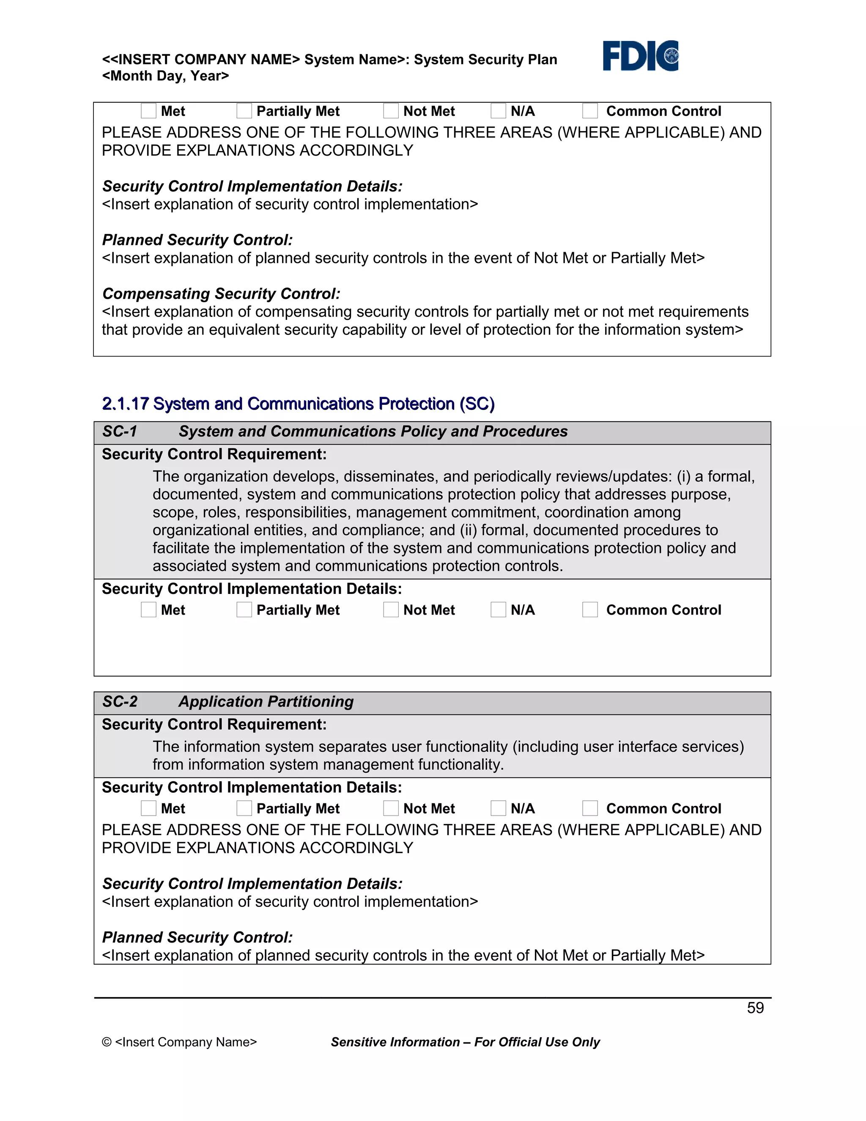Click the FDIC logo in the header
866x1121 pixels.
[640, 55]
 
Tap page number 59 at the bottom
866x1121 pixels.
[755, 1008]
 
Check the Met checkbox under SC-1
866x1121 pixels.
[148, 610]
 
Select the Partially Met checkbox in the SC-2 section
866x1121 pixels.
[244, 808]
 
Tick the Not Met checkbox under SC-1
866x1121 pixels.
[391, 610]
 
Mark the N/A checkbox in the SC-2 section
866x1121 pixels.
[498, 808]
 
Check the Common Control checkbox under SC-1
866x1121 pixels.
[590, 610]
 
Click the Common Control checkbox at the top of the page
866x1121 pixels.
[590, 111]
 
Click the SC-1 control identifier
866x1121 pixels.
[120, 431]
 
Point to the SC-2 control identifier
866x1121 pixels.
[120, 702]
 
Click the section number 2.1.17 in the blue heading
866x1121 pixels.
[125, 404]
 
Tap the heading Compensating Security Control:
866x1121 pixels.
[221, 294]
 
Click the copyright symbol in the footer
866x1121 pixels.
[107, 1042]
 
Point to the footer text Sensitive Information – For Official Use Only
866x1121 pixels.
[465, 1042]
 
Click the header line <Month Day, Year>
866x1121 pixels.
[165, 76]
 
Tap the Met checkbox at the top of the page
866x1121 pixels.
[148, 111]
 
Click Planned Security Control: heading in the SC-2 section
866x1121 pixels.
[197, 937]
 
